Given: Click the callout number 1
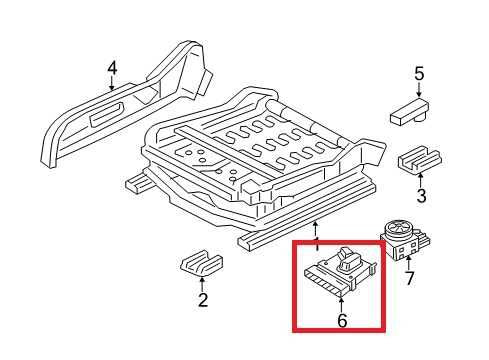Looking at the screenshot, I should [317, 243].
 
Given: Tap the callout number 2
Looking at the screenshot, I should [202, 299].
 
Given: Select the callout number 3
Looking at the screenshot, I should [421, 195].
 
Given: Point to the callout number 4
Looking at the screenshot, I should [113, 68].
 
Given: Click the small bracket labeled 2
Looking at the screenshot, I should [199, 264].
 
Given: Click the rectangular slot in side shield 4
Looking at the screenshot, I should [105, 119].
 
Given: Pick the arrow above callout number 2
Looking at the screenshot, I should [202, 282].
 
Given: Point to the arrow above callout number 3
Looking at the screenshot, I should [421, 178].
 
